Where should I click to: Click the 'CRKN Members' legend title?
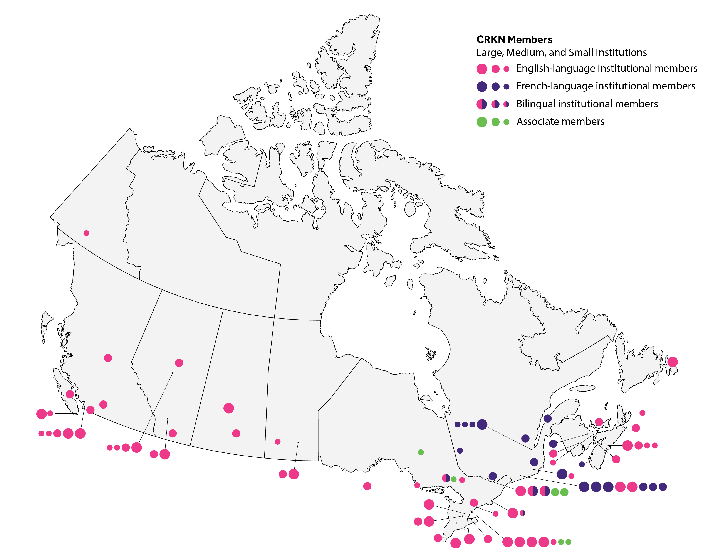point(514,40)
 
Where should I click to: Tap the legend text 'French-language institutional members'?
point(606,86)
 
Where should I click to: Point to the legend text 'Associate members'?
point(560,122)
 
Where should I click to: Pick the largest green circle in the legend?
point(482,122)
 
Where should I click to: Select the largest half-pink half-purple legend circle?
point(482,104)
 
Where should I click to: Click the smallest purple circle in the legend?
point(506,86)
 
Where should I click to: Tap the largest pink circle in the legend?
point(482,69)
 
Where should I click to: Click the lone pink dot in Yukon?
point(86,233)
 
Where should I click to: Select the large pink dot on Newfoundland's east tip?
point(672,362)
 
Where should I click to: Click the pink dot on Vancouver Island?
point(70,394)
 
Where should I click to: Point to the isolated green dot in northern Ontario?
point(421,452)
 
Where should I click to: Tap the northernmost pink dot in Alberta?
point(179,363)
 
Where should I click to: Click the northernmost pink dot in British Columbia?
point(108,358)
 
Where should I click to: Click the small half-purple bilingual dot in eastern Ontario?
point(522,513)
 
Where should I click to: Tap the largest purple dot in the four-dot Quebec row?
point(482,424)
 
